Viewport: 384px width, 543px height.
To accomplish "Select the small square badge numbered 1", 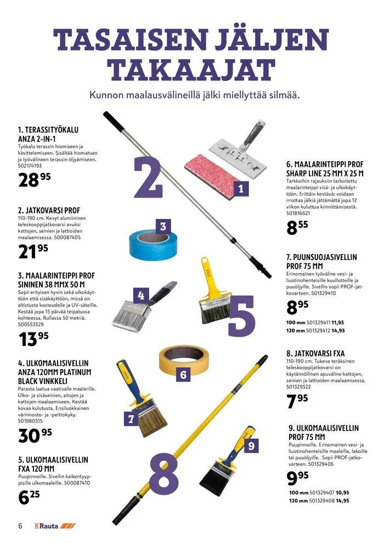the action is pyautogui.click(x=241, y=189).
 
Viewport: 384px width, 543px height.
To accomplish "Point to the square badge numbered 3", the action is pyautogui.click(x=163, y=227).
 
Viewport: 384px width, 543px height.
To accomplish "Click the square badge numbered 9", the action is pyautogui.click(x=251, y=446).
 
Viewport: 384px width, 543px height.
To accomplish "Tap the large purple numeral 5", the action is pyautogui.click(x=242, y=316).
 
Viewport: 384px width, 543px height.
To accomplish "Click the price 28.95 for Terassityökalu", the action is pyautogui.click(x=34, y=179).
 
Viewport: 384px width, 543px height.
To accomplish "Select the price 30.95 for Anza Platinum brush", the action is pyautogui.click(x=35, y=435).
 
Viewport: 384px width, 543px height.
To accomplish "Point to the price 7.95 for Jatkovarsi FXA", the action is pyautogui.click(x=297, y=401).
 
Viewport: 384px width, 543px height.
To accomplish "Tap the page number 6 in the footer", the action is pyautogui.click(x=20, y=525).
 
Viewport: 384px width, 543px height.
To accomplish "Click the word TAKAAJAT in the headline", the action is pyautogui.click(x=191, y=70).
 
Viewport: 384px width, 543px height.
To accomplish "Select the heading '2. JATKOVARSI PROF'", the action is pyautogui.click(x=49, y=210).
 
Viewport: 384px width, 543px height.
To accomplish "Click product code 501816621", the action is pyautogui.click(x=298, y=213).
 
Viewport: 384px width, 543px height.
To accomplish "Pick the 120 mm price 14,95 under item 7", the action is pyautogui.click(x=338, y=330).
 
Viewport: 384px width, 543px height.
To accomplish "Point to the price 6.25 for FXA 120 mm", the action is pyautogui.click(x=29, y=497).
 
